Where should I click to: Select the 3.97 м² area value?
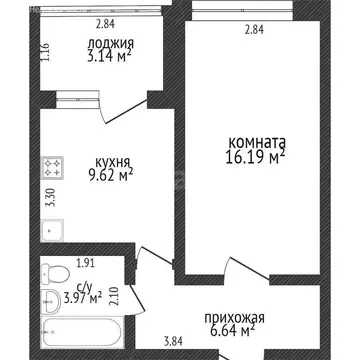(83, 297)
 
